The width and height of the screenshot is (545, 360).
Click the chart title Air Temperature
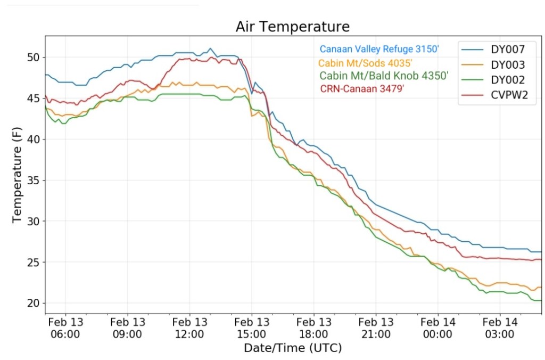click(293, 27)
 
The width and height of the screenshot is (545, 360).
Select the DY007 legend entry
click(508, 50)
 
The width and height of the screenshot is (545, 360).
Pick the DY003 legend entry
click(508, 65)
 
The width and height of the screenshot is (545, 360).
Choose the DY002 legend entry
click(508, 80)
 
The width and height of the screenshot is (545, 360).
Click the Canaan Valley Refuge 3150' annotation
click(379, 49)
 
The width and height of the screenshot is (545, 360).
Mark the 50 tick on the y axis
click(34, 57)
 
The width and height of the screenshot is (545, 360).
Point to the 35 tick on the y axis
click(34, 181)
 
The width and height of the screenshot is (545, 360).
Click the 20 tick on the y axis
click(34, 304)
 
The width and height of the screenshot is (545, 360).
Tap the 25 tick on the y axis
click(34, 263)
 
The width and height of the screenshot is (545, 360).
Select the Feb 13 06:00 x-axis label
click(65, 328)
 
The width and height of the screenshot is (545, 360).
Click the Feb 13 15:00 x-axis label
click(252, 328)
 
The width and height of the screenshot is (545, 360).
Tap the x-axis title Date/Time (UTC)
click(293, 348)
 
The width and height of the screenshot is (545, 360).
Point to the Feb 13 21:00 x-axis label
click(376, 328)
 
